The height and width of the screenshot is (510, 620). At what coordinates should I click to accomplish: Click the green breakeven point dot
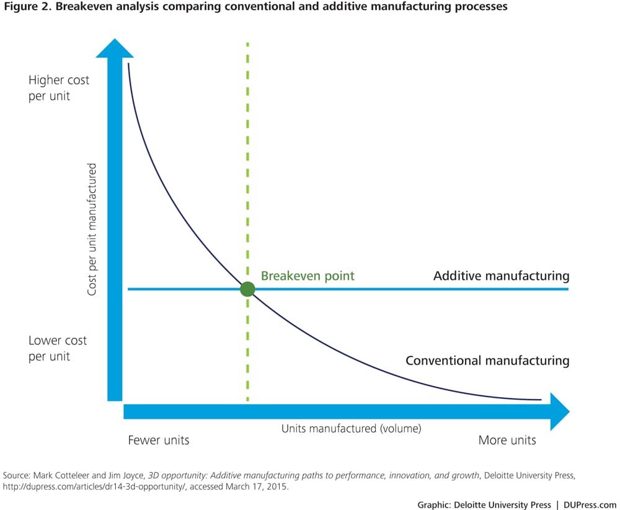(247, 289)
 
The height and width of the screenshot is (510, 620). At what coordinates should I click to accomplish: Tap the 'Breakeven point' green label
(308, 276)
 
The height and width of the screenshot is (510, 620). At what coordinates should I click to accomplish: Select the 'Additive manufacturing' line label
(501, 276)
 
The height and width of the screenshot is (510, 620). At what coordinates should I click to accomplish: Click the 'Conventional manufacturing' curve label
(487, 360)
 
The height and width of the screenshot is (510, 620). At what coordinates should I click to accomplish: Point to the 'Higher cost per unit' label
(59, 88)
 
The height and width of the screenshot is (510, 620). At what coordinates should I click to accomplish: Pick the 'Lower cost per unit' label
(58, 348)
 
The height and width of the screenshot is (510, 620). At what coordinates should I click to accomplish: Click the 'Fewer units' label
(158, 440)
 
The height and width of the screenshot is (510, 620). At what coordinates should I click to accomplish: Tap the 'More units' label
(507, 440)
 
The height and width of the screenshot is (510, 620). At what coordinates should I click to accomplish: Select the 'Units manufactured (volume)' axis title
(352, 428)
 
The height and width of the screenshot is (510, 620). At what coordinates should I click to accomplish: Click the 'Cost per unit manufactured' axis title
(92, 229)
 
